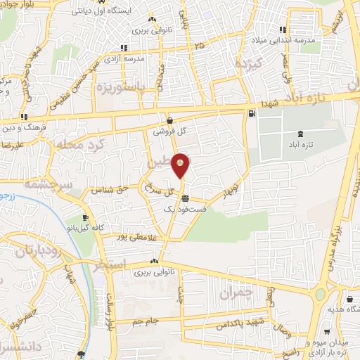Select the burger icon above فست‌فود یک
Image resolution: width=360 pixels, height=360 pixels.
[x=184, y=198]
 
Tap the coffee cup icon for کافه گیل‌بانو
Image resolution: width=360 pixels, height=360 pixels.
[x=86, y=219]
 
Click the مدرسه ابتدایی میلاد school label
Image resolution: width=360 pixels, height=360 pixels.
[x=287, y=41]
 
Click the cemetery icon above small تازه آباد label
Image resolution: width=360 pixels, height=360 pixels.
[x=301, y=134]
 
